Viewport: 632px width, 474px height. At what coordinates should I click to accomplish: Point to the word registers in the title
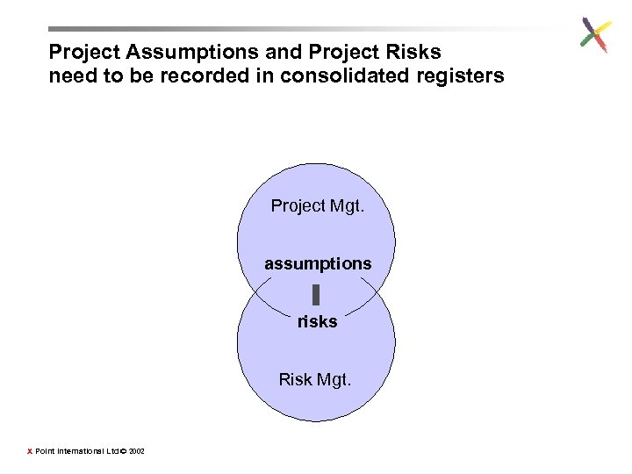coord(453,75)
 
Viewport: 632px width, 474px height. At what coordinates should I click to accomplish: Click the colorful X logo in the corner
coord(594,35)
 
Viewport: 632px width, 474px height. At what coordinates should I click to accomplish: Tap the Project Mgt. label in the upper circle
coord(316,205)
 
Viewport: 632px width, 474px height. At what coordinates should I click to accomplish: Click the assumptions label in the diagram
coord(318,263)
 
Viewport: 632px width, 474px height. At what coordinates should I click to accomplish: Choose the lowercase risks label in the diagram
coord(317,321)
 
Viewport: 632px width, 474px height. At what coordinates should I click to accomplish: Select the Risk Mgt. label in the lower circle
coord(315,379)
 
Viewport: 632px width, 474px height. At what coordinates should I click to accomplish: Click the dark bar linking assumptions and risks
coord(316,294)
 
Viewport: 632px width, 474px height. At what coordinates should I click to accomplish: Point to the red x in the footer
coord(29,451)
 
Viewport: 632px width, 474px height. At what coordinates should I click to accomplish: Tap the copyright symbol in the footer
coord(124,451)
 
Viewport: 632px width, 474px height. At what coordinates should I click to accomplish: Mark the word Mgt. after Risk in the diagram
coord(334,379)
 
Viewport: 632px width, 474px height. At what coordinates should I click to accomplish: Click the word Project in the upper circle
coord(298,205)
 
